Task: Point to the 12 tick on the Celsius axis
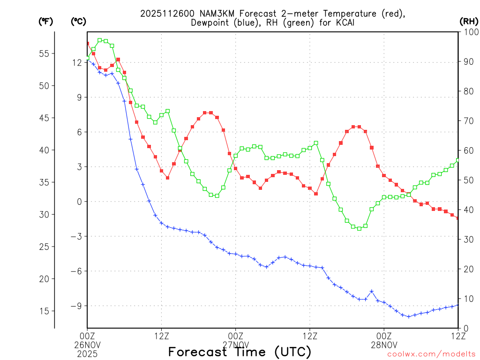pyautogui.click(x=78, y=62)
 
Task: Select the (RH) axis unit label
pyautogui.click(x=468, y=21)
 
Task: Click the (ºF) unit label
pyautogui.click(x=45, y=21)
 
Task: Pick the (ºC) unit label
pyautogui.click(x=78, y=21)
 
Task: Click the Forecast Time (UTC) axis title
pyautogui.click(x=240, y=352)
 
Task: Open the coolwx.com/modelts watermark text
pyautogui.click(x=431, y=354)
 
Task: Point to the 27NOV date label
pyautogui.click(x=235, y=344)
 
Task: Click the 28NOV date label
pyautogui.click(x=384, y=344)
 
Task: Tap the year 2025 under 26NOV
pyautogui.click(x=87, y=352)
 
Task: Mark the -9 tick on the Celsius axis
pyautogui.click(x=76, y=306)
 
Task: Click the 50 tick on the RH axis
pyautogui.click(x=467, y=180)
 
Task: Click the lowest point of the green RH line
pyautogui.click(x=360, y=228)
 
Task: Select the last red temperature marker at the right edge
pyautogui.click(x=457, y=218)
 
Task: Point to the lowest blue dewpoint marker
pyautogui.click(x=409, y=316)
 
